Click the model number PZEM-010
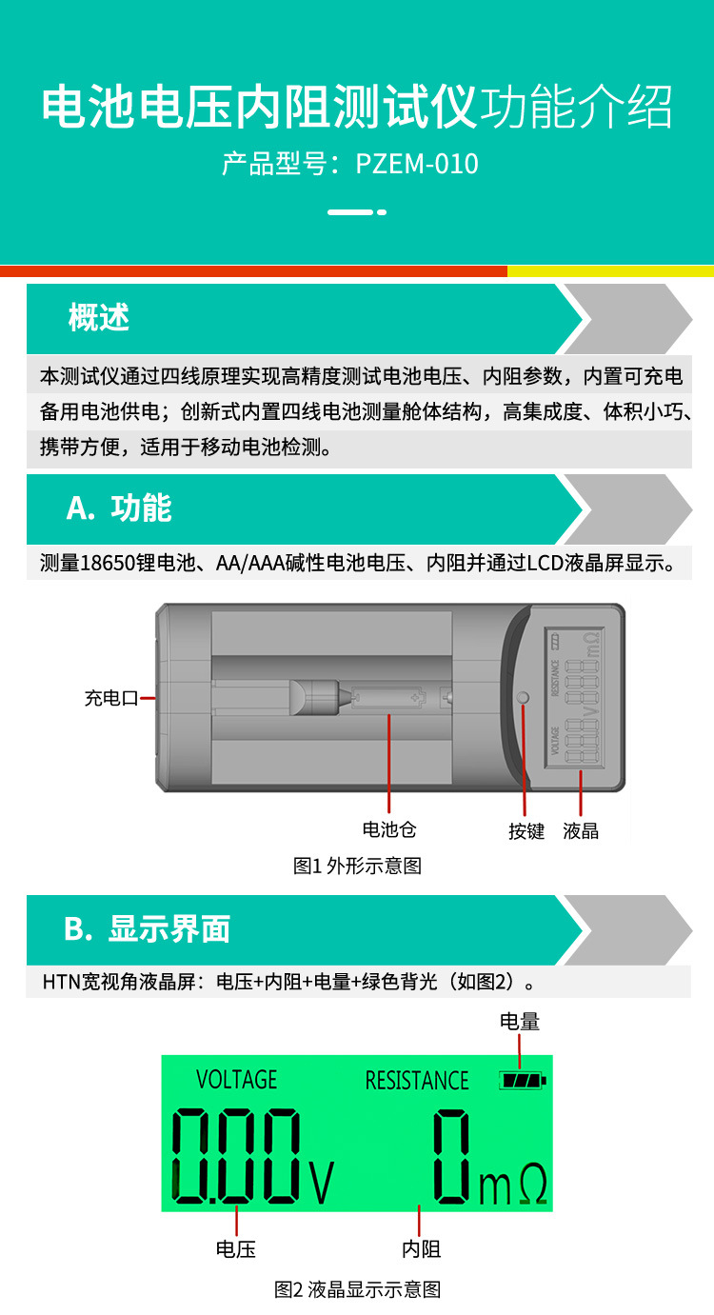[x=417, y=164]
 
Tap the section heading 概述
[x=99, y=318]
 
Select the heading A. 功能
[x=119, y=508]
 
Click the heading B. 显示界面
[x=147, y=928]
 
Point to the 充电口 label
[x=111, y=698]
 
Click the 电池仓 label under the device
[x=389, y=829]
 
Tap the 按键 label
[x=526, y=831]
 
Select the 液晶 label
[x=580, y=831]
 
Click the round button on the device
[x=523, y=697]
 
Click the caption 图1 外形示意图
[x=357, y=866]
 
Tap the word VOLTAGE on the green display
[x=236, y=1080]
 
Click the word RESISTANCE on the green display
[x=417, y=1081]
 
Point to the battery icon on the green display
[x=523, y=1080]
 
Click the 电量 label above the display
[x=519, y=1022]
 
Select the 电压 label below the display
[x=236, y=1248]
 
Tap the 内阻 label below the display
[x=421, y=1248]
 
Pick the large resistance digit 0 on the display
[x=452, y=1155]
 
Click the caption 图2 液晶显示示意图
[x=357, y=1289]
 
